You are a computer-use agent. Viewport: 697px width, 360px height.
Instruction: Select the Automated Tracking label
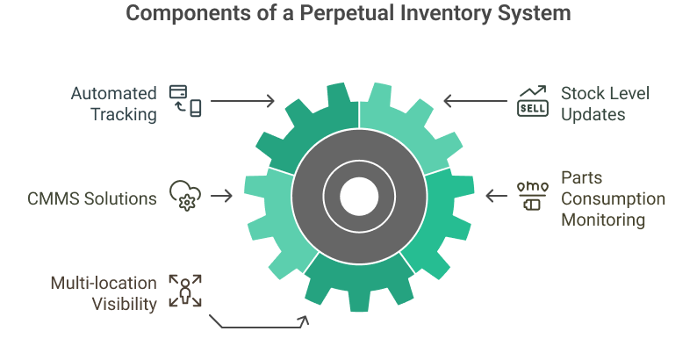coord(114,103)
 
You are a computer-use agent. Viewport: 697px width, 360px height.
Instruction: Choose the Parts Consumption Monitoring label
coord(613,198)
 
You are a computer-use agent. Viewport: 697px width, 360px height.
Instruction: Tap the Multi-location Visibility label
coord(104,294)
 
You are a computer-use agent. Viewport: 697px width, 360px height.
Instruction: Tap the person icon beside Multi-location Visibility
coord(185,291)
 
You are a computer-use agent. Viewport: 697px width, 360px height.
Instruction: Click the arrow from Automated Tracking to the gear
coord(242,102)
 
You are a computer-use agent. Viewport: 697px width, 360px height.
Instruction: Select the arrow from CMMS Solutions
coord(222,196)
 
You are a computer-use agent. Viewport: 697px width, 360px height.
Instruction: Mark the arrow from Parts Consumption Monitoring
coord(496,196)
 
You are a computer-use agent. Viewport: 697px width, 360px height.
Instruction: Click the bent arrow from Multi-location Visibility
coord(260,327)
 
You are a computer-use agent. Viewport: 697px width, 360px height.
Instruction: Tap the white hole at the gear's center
coord(358,195)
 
